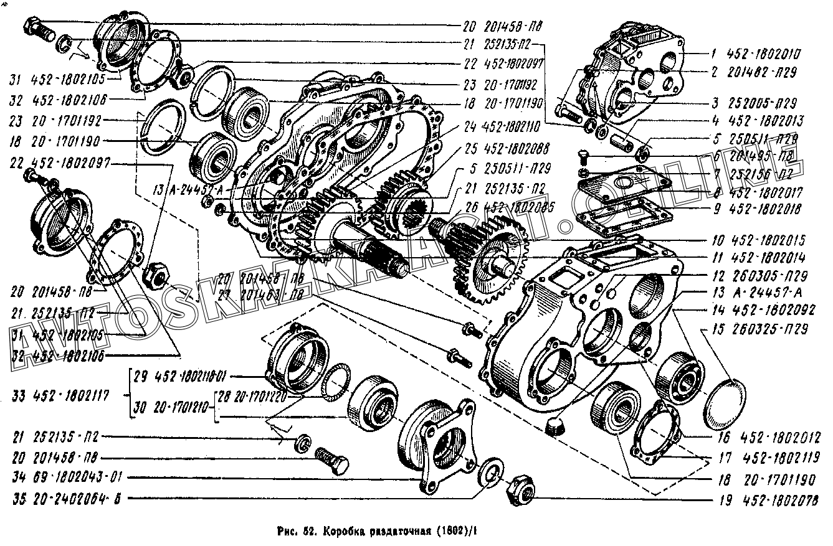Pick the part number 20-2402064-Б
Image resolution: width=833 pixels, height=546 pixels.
click(x=79, y=498)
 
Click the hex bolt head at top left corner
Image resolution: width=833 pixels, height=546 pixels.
click(x=34, y=28)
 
